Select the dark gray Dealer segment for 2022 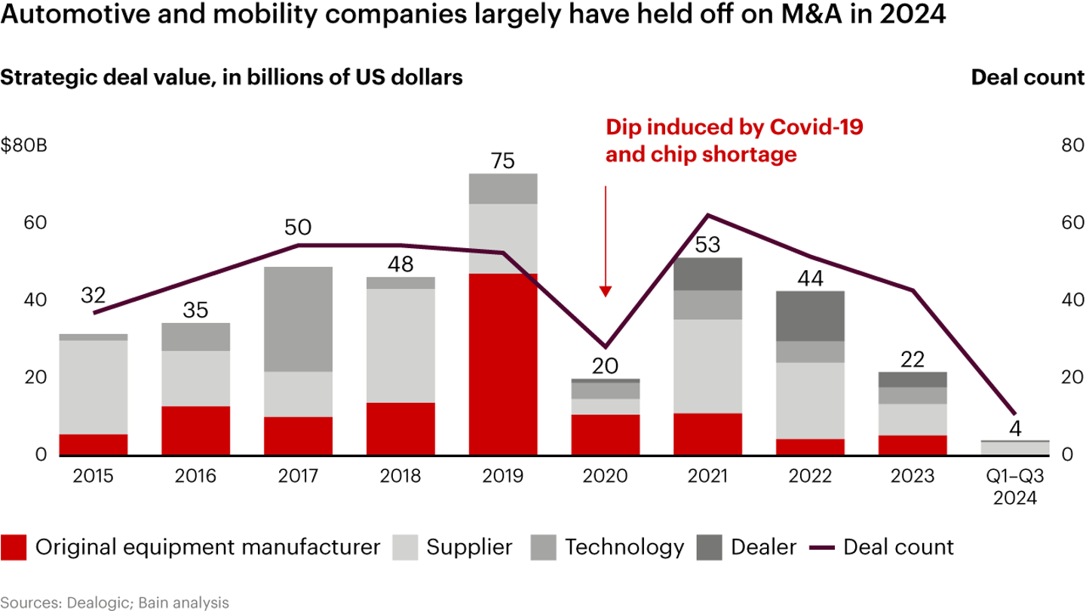[810, 316]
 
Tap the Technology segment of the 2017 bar [299, 319]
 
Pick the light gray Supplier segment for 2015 [94, 387]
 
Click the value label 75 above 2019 [503, 161]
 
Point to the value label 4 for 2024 [1014, 429]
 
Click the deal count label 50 [297, 228]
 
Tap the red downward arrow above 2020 [605, 241]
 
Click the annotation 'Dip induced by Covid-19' [735, 127]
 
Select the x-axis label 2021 [708, 477]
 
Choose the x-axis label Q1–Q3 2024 [1014, 487]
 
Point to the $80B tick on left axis [24, 146]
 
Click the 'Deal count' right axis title [1027, 78]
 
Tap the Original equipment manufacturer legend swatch [14, 547]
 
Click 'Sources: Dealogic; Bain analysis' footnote [115, 602]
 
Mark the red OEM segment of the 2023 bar [913, 445]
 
